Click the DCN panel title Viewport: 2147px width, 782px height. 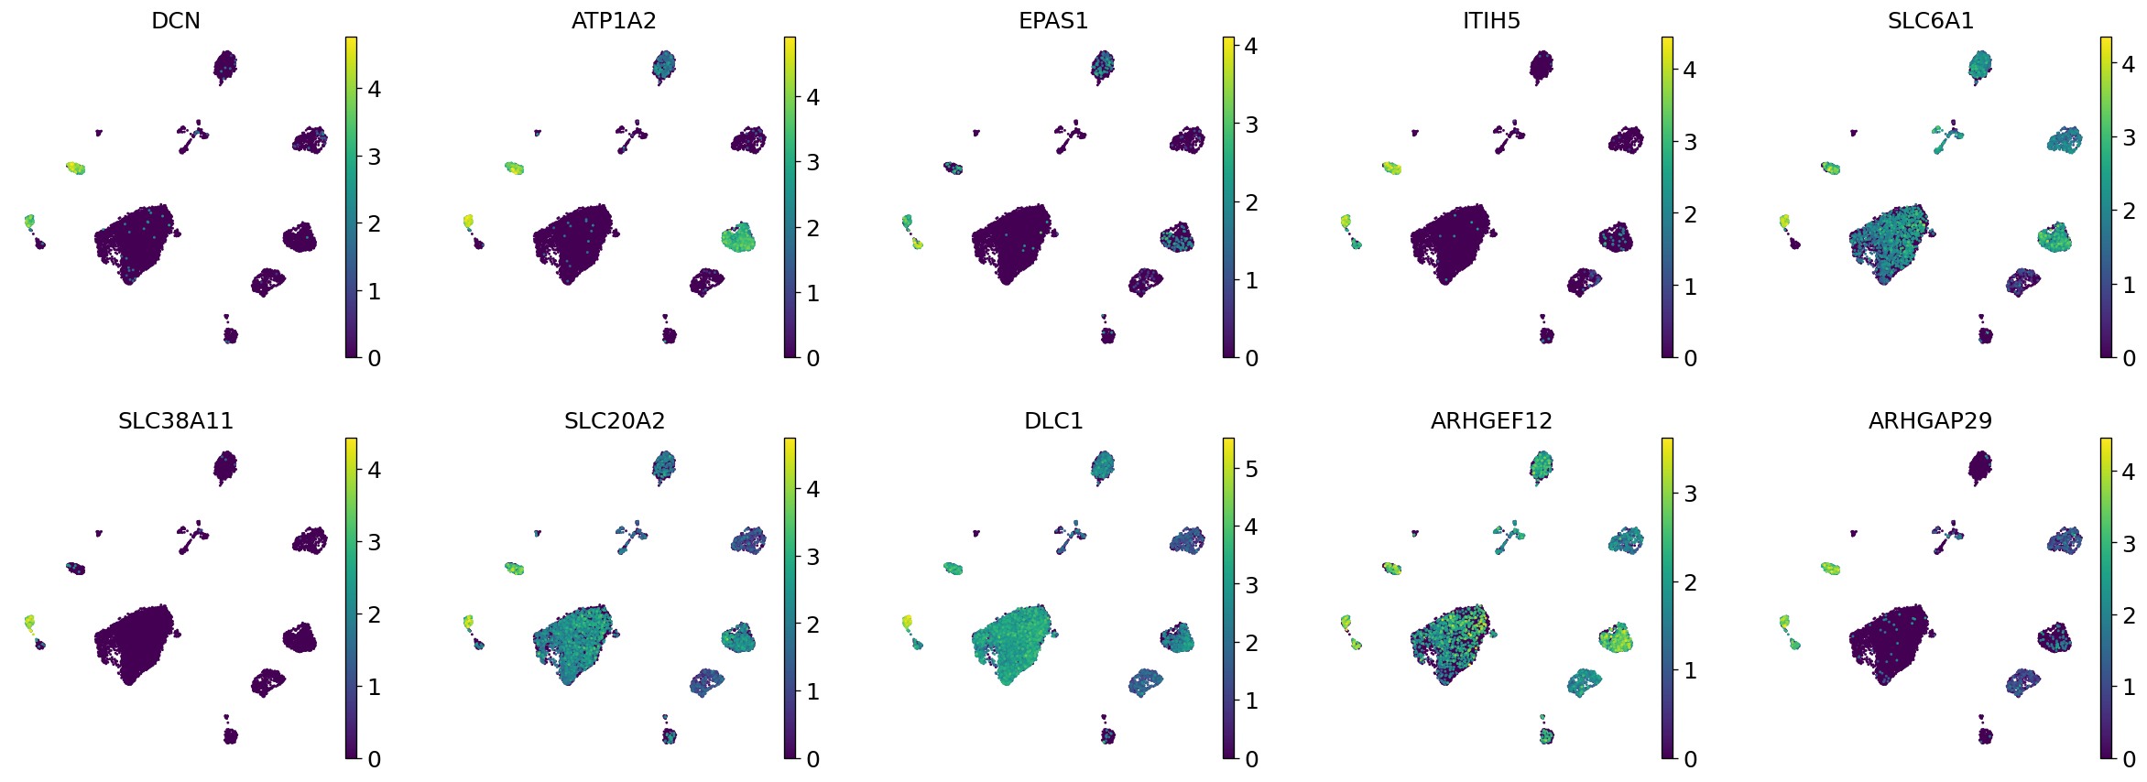[x=176, y=20]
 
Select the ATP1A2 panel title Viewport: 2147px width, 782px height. [x=614, y=20]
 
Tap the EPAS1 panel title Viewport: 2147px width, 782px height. [x=1053, y=20]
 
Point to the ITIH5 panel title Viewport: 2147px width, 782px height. [x=1491, y=20]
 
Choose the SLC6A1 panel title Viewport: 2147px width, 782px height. [x=1930, y=20]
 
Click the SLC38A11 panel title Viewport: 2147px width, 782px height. [x=176, y=420]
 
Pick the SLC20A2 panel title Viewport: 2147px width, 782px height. [x=614, y=420]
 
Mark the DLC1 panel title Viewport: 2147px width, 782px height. [x=1053, y=420]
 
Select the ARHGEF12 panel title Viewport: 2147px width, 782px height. [x=1491, y=420]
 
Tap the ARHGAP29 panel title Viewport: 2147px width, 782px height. [x=1930, y=420]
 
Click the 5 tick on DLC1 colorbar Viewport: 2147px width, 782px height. [x=1251, y=469]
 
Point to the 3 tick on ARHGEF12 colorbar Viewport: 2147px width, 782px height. [x=1690, y=494]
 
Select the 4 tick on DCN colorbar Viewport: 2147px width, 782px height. [x=374, y=89]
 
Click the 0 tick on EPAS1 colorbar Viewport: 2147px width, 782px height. [x=1251, y=358]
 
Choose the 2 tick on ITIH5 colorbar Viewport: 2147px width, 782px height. [x=1690, y=214]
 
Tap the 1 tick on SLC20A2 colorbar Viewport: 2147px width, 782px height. [x=812, y=691]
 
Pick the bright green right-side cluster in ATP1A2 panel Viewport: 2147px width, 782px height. [x=737, y=237]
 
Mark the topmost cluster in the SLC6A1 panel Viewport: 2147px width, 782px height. [x=1980, y=66]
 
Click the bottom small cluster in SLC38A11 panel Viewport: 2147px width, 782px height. [x=230, y=735]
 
